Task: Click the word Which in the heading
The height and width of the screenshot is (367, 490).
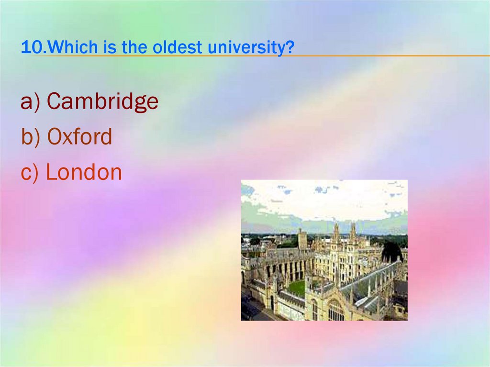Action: point(67,47)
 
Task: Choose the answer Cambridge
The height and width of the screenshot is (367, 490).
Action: point(102,101)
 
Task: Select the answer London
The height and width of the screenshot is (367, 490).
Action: point(84,172)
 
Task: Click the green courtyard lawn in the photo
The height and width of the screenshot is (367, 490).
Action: point(297,288)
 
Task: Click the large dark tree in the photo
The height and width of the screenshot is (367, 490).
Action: point(391,252)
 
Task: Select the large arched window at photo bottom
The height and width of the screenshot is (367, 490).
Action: point(335,311)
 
